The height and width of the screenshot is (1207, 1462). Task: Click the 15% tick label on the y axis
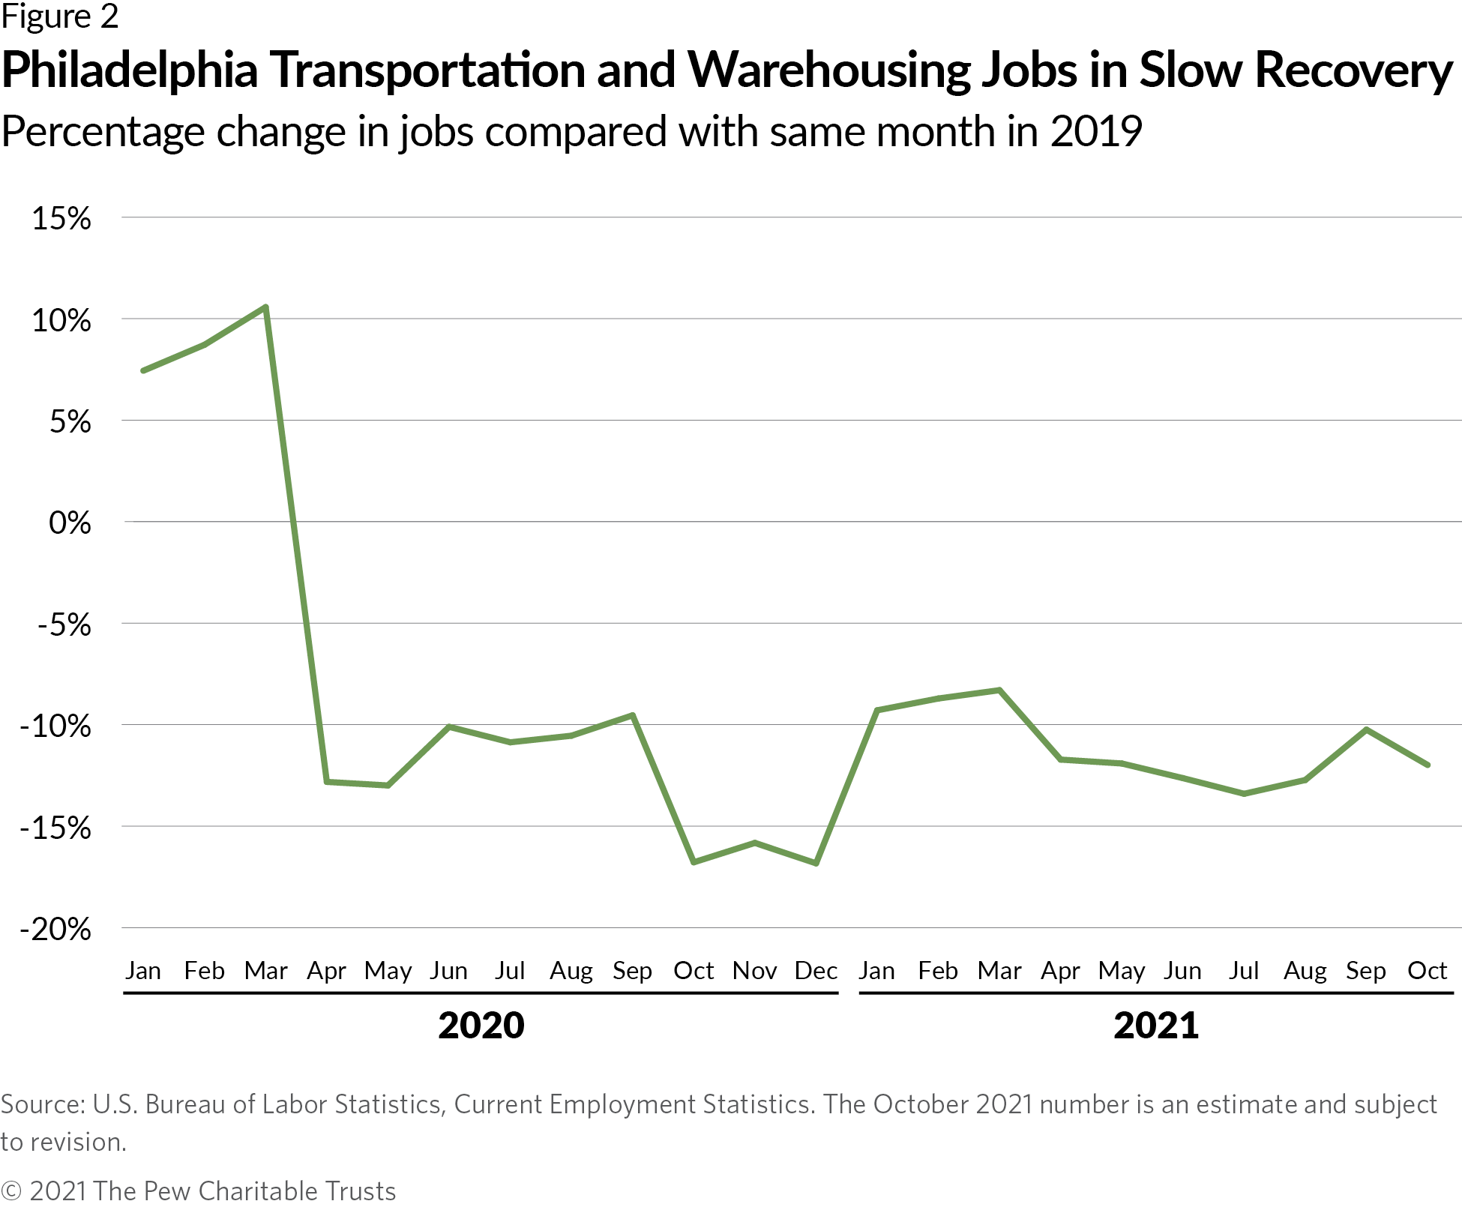point(61,219)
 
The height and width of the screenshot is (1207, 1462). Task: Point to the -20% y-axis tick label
point(55,930)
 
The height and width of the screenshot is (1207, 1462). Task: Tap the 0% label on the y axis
point(70,523)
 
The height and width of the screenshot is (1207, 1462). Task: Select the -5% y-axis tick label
point(64,624)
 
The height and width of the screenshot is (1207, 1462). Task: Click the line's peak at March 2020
point(265,307)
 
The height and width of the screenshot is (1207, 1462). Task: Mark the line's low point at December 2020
point(816,863)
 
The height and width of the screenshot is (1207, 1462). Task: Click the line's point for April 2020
point(326,781)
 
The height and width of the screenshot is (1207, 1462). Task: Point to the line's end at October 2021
point(1427,765)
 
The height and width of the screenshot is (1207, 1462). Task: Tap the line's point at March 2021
point(999,690)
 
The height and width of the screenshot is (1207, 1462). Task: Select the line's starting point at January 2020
point(143,370)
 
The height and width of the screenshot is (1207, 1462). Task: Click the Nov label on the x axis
point(754,971)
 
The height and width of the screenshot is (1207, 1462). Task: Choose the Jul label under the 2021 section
point(1243,971)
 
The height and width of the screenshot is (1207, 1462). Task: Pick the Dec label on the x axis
point(816,971)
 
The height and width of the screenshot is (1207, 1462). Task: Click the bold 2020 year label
point(481,1025)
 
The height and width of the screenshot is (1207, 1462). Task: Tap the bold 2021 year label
point(1155,1025)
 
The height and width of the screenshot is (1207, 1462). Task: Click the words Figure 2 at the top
point(60,16)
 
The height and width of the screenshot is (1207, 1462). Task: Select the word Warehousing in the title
point(828,70)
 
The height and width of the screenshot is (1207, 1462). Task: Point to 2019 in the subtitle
point(1095,132)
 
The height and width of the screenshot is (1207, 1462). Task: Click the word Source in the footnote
point(42,1104)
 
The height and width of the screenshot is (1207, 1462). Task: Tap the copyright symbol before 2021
point(11,1191)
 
